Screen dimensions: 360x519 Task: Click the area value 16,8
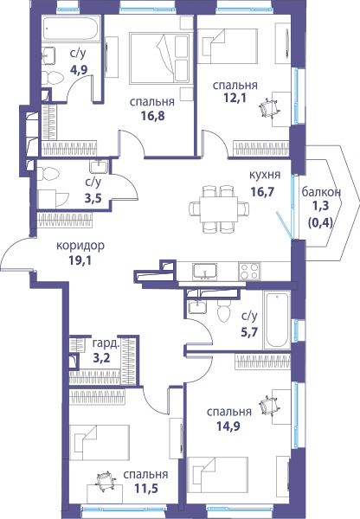click(x=152, y=116)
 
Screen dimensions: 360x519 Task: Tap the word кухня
click(x=265, y=175)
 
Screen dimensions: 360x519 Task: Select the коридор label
click(x=80, y=246)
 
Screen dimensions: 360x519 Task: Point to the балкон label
click(x=321, y=192)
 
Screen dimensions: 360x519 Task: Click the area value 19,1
click(x=80, y=260)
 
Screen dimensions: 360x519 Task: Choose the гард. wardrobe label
click(x=106, y=343)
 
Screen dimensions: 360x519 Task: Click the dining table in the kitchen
click(x=219, y=210)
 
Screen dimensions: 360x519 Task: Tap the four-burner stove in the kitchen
click(x=249, y=272)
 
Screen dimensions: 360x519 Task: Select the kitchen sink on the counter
click(x=205, y=272)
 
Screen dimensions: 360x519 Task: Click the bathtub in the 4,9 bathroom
click(x=71, y=29)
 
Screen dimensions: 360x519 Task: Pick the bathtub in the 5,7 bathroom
click(x=277, y=319)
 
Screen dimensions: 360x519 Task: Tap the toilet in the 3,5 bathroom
click(x=48, y=174)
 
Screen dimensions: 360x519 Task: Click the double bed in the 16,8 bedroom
click(x=159, y=58)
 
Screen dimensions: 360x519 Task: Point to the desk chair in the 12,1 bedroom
click(x=269, y=108)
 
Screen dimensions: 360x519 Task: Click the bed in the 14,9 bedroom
click(x=217, y=475)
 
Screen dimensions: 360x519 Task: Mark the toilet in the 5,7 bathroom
click(x=223, y=311)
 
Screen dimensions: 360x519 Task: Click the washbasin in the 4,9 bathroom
click(x=48, y=55)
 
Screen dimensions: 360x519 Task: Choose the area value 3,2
click(x=101, y=358)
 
